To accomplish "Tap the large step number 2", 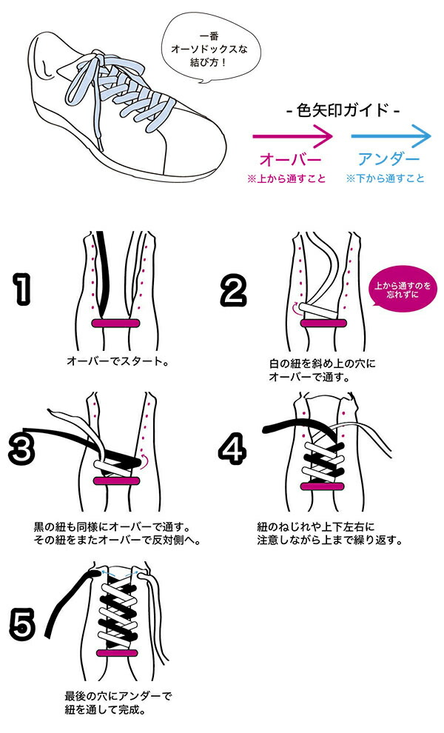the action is point(233,291).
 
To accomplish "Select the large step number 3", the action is point(21,449).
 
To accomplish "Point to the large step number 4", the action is point(232,448).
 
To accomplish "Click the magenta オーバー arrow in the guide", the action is point(292,136).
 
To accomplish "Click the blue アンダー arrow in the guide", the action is point(391,136).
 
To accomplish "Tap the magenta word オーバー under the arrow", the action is point(290,159).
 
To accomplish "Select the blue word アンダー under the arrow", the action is point(388,159).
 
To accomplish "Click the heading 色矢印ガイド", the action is point(343,111).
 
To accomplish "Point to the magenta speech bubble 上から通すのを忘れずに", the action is point(402,289).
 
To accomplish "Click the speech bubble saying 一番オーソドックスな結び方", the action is point(209,49).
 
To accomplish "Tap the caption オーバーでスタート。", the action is point(118,361).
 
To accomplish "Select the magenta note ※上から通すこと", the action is point(286,178).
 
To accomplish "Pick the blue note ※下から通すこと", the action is point(385,178).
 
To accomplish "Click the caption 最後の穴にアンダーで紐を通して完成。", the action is point(118,703).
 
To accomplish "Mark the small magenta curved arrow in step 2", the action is point(295,307).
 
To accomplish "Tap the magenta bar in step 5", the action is point(117,652).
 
